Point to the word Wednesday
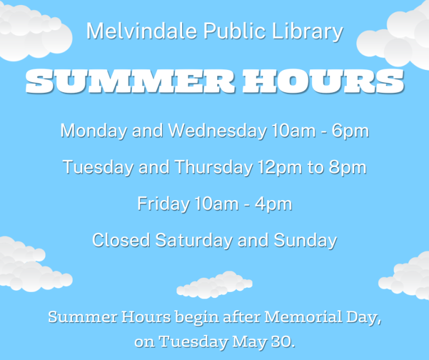tap(218, 131)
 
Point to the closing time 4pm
tap(273, 203)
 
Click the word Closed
tap(121, 240)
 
